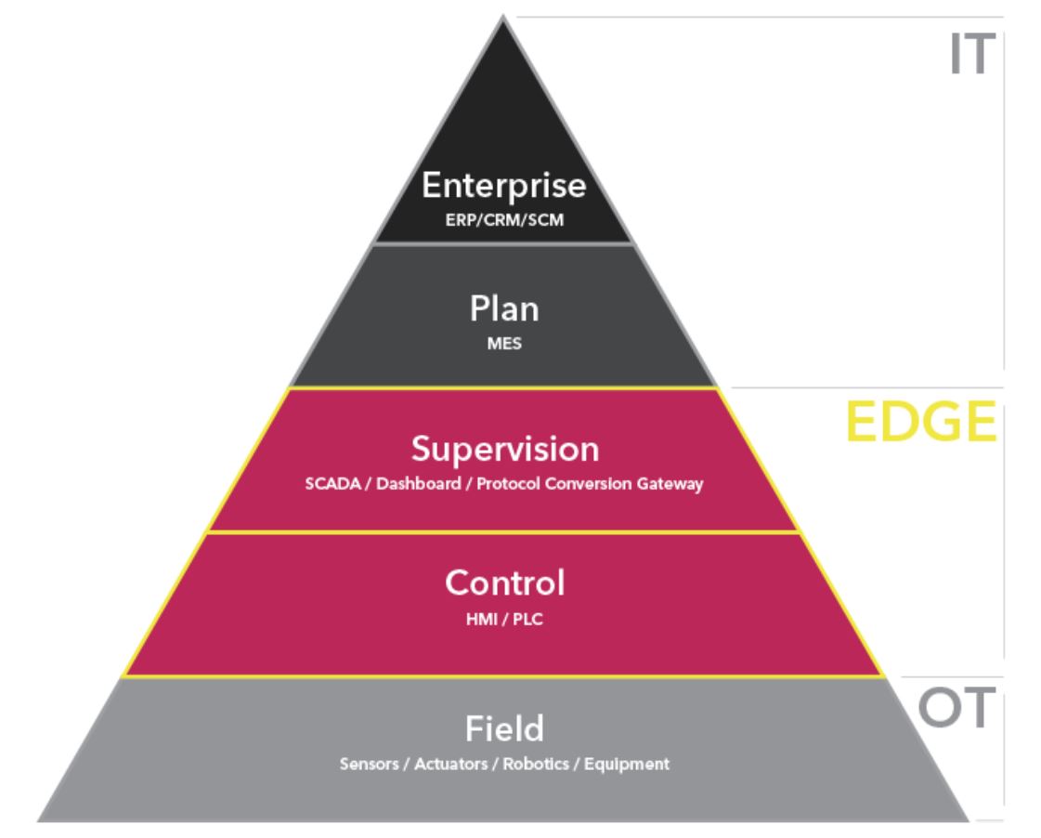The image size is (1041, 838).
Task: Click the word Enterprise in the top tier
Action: coord(504,185)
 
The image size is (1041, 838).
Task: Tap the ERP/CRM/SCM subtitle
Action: coord(504,220)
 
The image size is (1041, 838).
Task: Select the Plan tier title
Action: coord(504,308)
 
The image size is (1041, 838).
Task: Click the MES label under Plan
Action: coord(504,344)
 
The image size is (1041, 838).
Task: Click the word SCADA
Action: coord(332,483)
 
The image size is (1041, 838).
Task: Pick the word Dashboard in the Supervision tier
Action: coord(418,483)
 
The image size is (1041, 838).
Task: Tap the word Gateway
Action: coord(670,484)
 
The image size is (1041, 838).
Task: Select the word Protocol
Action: coord(509,483)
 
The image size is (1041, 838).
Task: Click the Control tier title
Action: coord(505,583)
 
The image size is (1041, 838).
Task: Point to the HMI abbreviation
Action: coord(481,620)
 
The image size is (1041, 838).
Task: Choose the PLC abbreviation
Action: coord(527,620)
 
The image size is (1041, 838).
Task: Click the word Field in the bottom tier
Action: coord(504,728)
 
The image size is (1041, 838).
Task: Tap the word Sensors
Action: coord(369,765)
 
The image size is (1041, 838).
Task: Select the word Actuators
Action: coord(450,765)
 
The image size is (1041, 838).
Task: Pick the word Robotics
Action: coord(536,765)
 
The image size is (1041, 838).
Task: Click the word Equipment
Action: coord(627,765)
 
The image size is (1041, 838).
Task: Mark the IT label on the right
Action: coord(972,55)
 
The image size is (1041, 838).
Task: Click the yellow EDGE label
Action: coord(921,422)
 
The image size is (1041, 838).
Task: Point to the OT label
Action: coord(956,707)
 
